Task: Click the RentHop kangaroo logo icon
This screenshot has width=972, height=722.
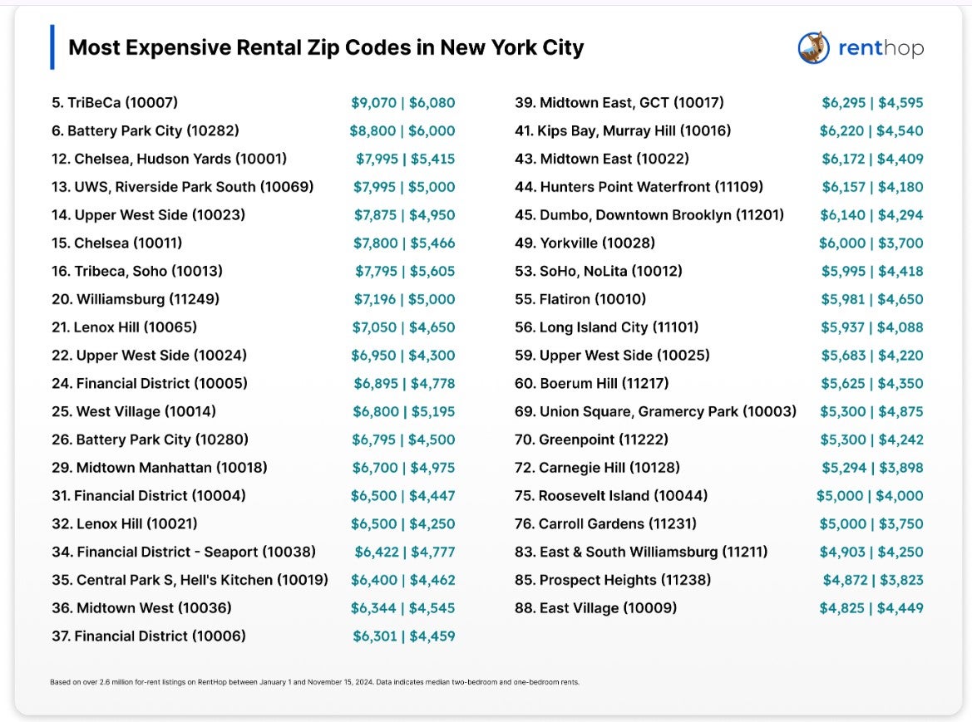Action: (x=813, y=48)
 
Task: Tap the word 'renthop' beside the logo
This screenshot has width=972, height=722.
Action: (x=881, y=48)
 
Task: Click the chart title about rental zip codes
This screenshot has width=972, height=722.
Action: (x=326, y=47)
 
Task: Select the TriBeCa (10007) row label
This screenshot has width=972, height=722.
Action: (x=115, y=103)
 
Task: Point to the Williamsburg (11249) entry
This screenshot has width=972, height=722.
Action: (x=136, y=299)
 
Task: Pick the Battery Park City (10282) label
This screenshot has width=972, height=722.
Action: (x=146, y=131)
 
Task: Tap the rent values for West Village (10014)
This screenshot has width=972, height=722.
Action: (x=403, y=411)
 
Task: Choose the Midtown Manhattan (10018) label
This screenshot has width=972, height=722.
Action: (x=160, y=468)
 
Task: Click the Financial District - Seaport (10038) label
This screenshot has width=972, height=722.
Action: (x=184, y=552)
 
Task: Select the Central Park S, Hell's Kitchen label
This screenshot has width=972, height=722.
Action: (x=190, y=580)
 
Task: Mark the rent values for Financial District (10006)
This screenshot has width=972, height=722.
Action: (x=403, y=636)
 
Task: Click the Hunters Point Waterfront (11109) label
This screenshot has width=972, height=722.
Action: (x=639, y=187)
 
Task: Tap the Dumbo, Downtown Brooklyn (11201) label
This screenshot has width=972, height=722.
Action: (x=649, y=215)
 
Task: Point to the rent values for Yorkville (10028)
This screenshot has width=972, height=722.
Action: (x=871, y=243)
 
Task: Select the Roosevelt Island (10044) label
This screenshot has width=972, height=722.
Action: (x=611, y=496)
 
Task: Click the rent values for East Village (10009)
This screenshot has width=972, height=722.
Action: (x=871, y=608)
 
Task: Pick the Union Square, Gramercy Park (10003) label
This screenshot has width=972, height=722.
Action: (x=655, y=411)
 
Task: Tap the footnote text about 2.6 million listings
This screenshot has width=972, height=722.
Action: (x=314, y=682)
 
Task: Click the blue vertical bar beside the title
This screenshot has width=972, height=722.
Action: (x=52, y=47)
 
